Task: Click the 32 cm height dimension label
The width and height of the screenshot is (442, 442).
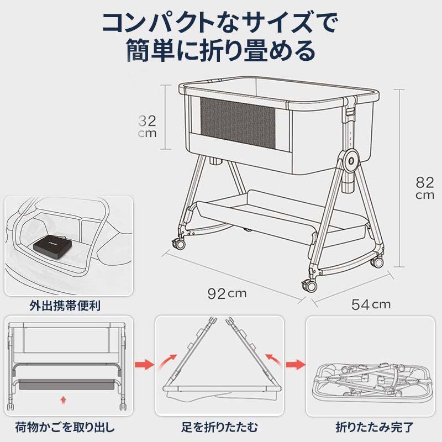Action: coord(147,127)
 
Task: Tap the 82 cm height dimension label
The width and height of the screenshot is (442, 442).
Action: coord(424,188)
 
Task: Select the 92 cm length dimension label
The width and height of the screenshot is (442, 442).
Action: coord(227,294)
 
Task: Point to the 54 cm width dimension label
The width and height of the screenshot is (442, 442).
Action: coord(371,304)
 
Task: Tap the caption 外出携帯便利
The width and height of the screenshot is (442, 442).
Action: coord(65,306)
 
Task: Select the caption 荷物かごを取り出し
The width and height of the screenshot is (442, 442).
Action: coord(65,427)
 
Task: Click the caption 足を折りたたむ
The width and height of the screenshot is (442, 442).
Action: coord(219,427)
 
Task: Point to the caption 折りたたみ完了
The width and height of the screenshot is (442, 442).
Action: coord(375,427)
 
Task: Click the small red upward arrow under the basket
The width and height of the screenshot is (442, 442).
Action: coord(64,400)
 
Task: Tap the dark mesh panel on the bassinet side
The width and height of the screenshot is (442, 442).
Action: coord(238,123)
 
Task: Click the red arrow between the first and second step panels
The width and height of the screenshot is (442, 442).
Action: coord(144,365)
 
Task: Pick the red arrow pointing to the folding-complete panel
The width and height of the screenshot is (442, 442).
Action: coord(296,365)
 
